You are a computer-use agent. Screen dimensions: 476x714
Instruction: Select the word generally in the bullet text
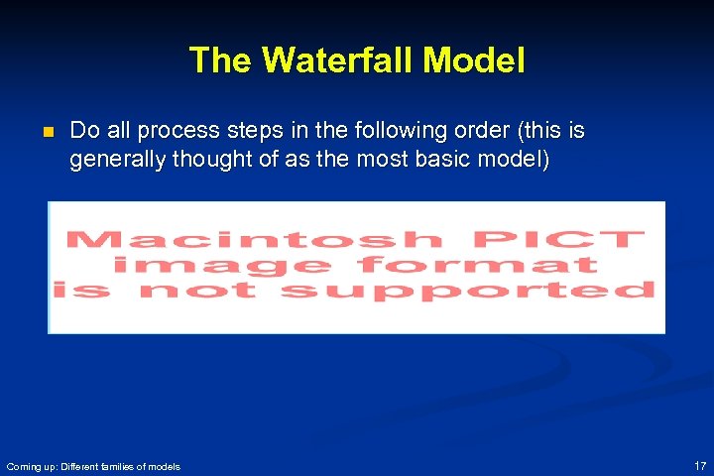pos(112,160)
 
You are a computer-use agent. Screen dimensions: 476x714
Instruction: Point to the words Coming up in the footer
pos(28,466)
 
